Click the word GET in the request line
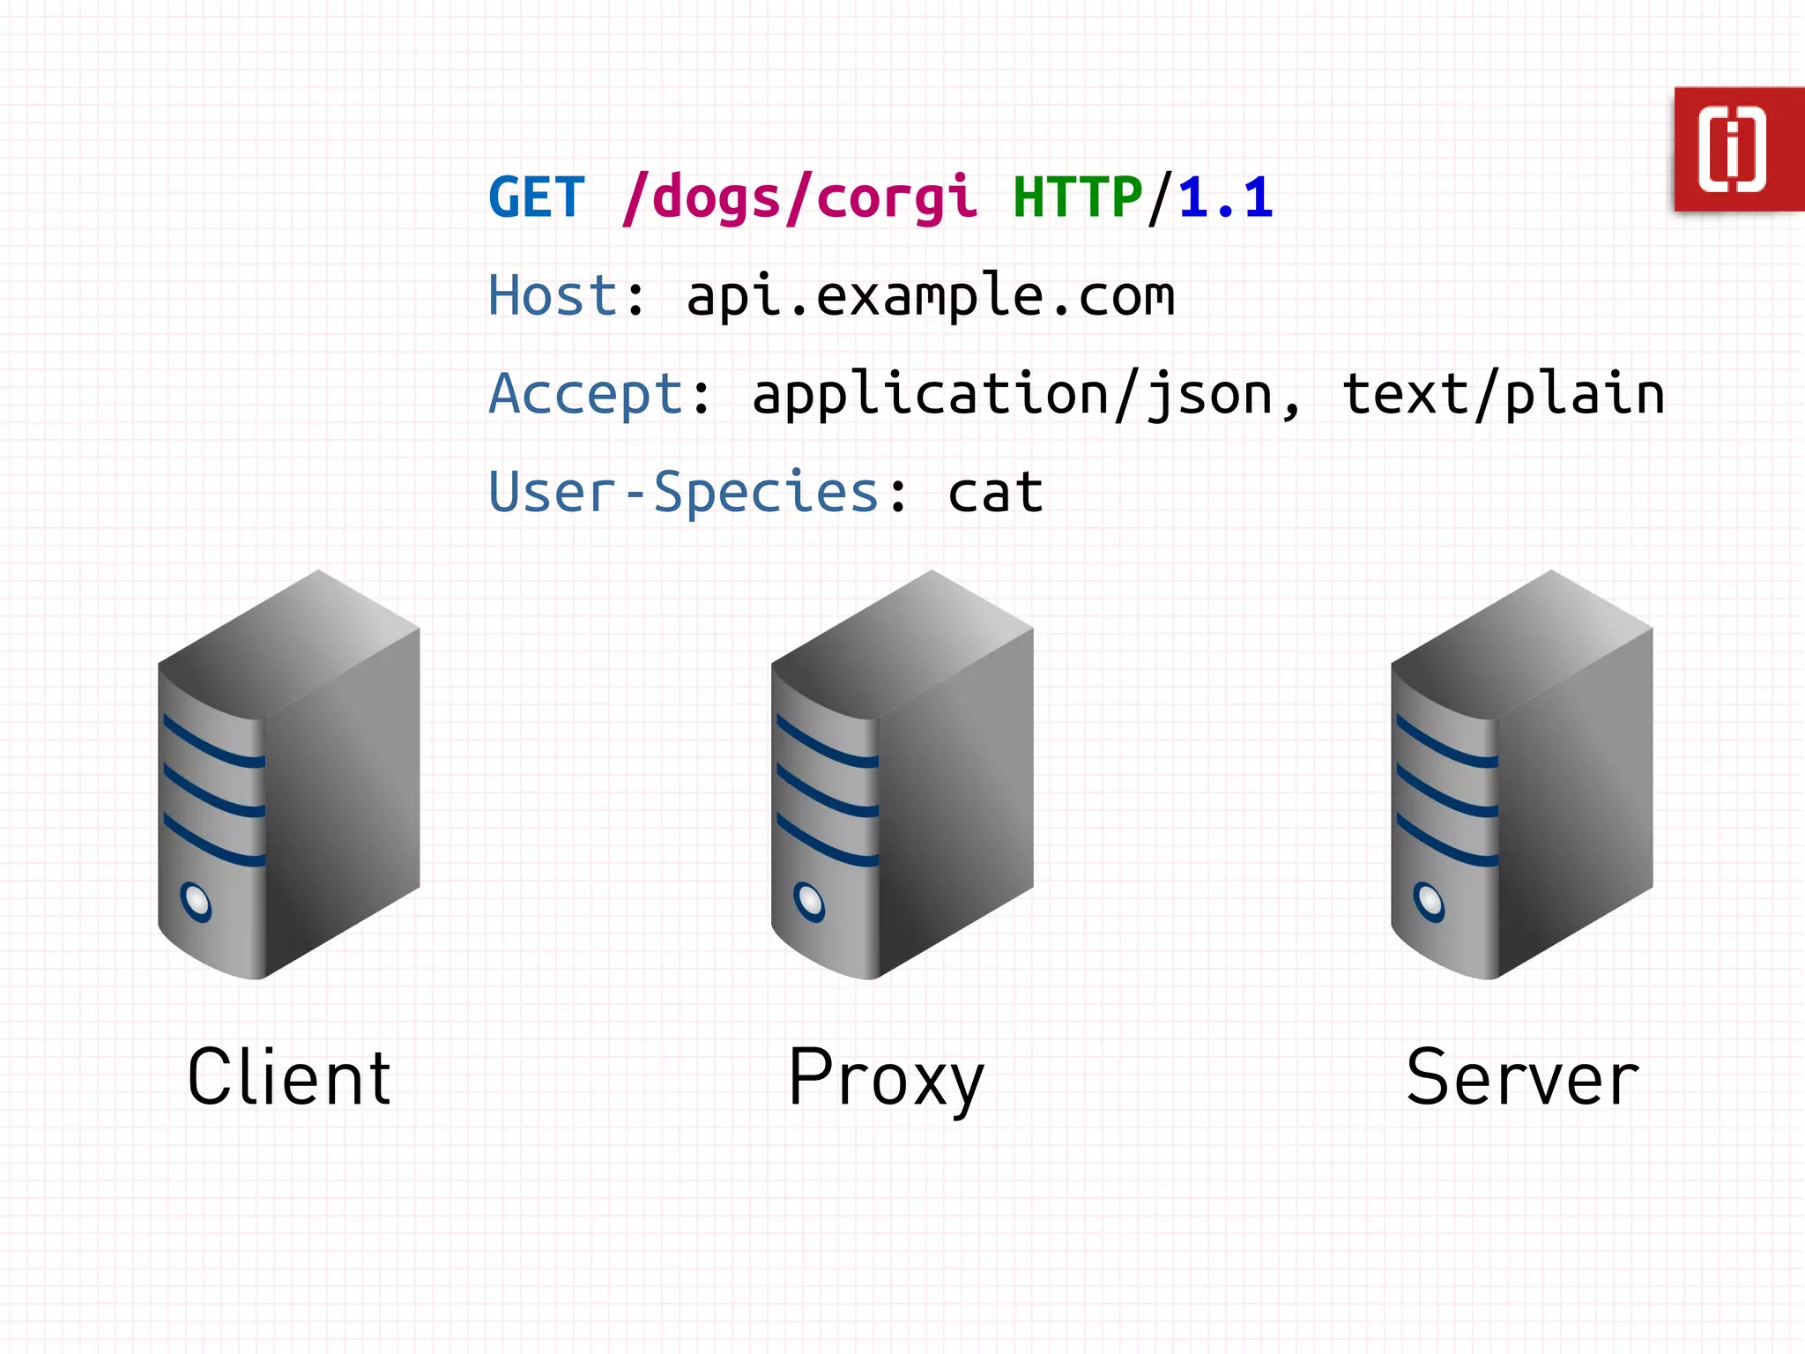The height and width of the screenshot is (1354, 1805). [x=536, y=197]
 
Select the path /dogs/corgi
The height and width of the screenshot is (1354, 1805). [x=799, y=198]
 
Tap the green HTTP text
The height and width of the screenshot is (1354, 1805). [x=1077, y=197]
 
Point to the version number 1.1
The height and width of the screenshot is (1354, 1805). [x=1225, y=197]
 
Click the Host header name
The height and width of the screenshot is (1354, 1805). [x=553, y=295]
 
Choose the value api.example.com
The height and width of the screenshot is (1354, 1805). [x=930, y=297]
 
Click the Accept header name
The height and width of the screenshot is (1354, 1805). [x=585, y=394]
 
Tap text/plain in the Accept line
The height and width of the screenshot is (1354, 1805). [x=1502, y=394]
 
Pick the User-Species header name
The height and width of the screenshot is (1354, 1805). [x=683, y=492]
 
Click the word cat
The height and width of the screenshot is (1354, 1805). [x=995, y=493]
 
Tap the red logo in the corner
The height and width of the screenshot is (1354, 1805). [x=1737, y=149]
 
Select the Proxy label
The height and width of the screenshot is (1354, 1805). [x=885, y=1079]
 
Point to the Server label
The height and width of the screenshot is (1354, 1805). [x=1522, y=1078]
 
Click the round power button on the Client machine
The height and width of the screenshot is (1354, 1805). [x=196, y=902]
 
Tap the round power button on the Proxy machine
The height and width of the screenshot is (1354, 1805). [x=809, y=902]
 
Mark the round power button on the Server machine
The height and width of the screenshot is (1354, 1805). [x=1429, y=902]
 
